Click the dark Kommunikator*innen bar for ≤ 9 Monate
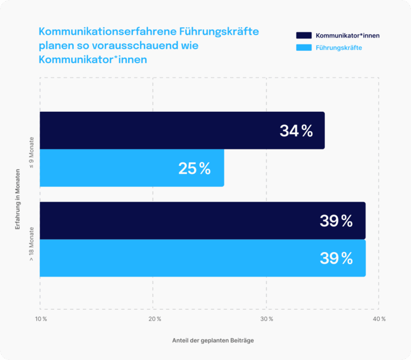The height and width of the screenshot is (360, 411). coord(161,130)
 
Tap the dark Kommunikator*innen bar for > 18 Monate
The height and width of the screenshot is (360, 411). coord(177,220)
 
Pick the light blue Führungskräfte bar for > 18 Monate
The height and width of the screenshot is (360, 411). coord(177,258)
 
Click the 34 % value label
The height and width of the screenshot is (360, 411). coord(296,131)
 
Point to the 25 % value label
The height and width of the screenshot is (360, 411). coord(195,168)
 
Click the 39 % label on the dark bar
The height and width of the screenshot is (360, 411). coord(336,220)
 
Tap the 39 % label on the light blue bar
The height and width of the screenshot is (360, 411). coord(336,258)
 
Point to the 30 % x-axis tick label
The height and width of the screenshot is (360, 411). coord(267,319)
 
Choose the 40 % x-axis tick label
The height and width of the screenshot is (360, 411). coord(379,319)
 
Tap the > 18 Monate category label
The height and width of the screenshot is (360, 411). coord(32,243)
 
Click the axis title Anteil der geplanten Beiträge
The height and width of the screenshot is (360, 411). coord(212,341)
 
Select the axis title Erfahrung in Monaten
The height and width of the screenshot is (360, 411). coord(18,200)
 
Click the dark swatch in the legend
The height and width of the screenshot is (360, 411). coord(303,35)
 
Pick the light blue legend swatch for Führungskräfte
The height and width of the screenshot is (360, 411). coord(303,48)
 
